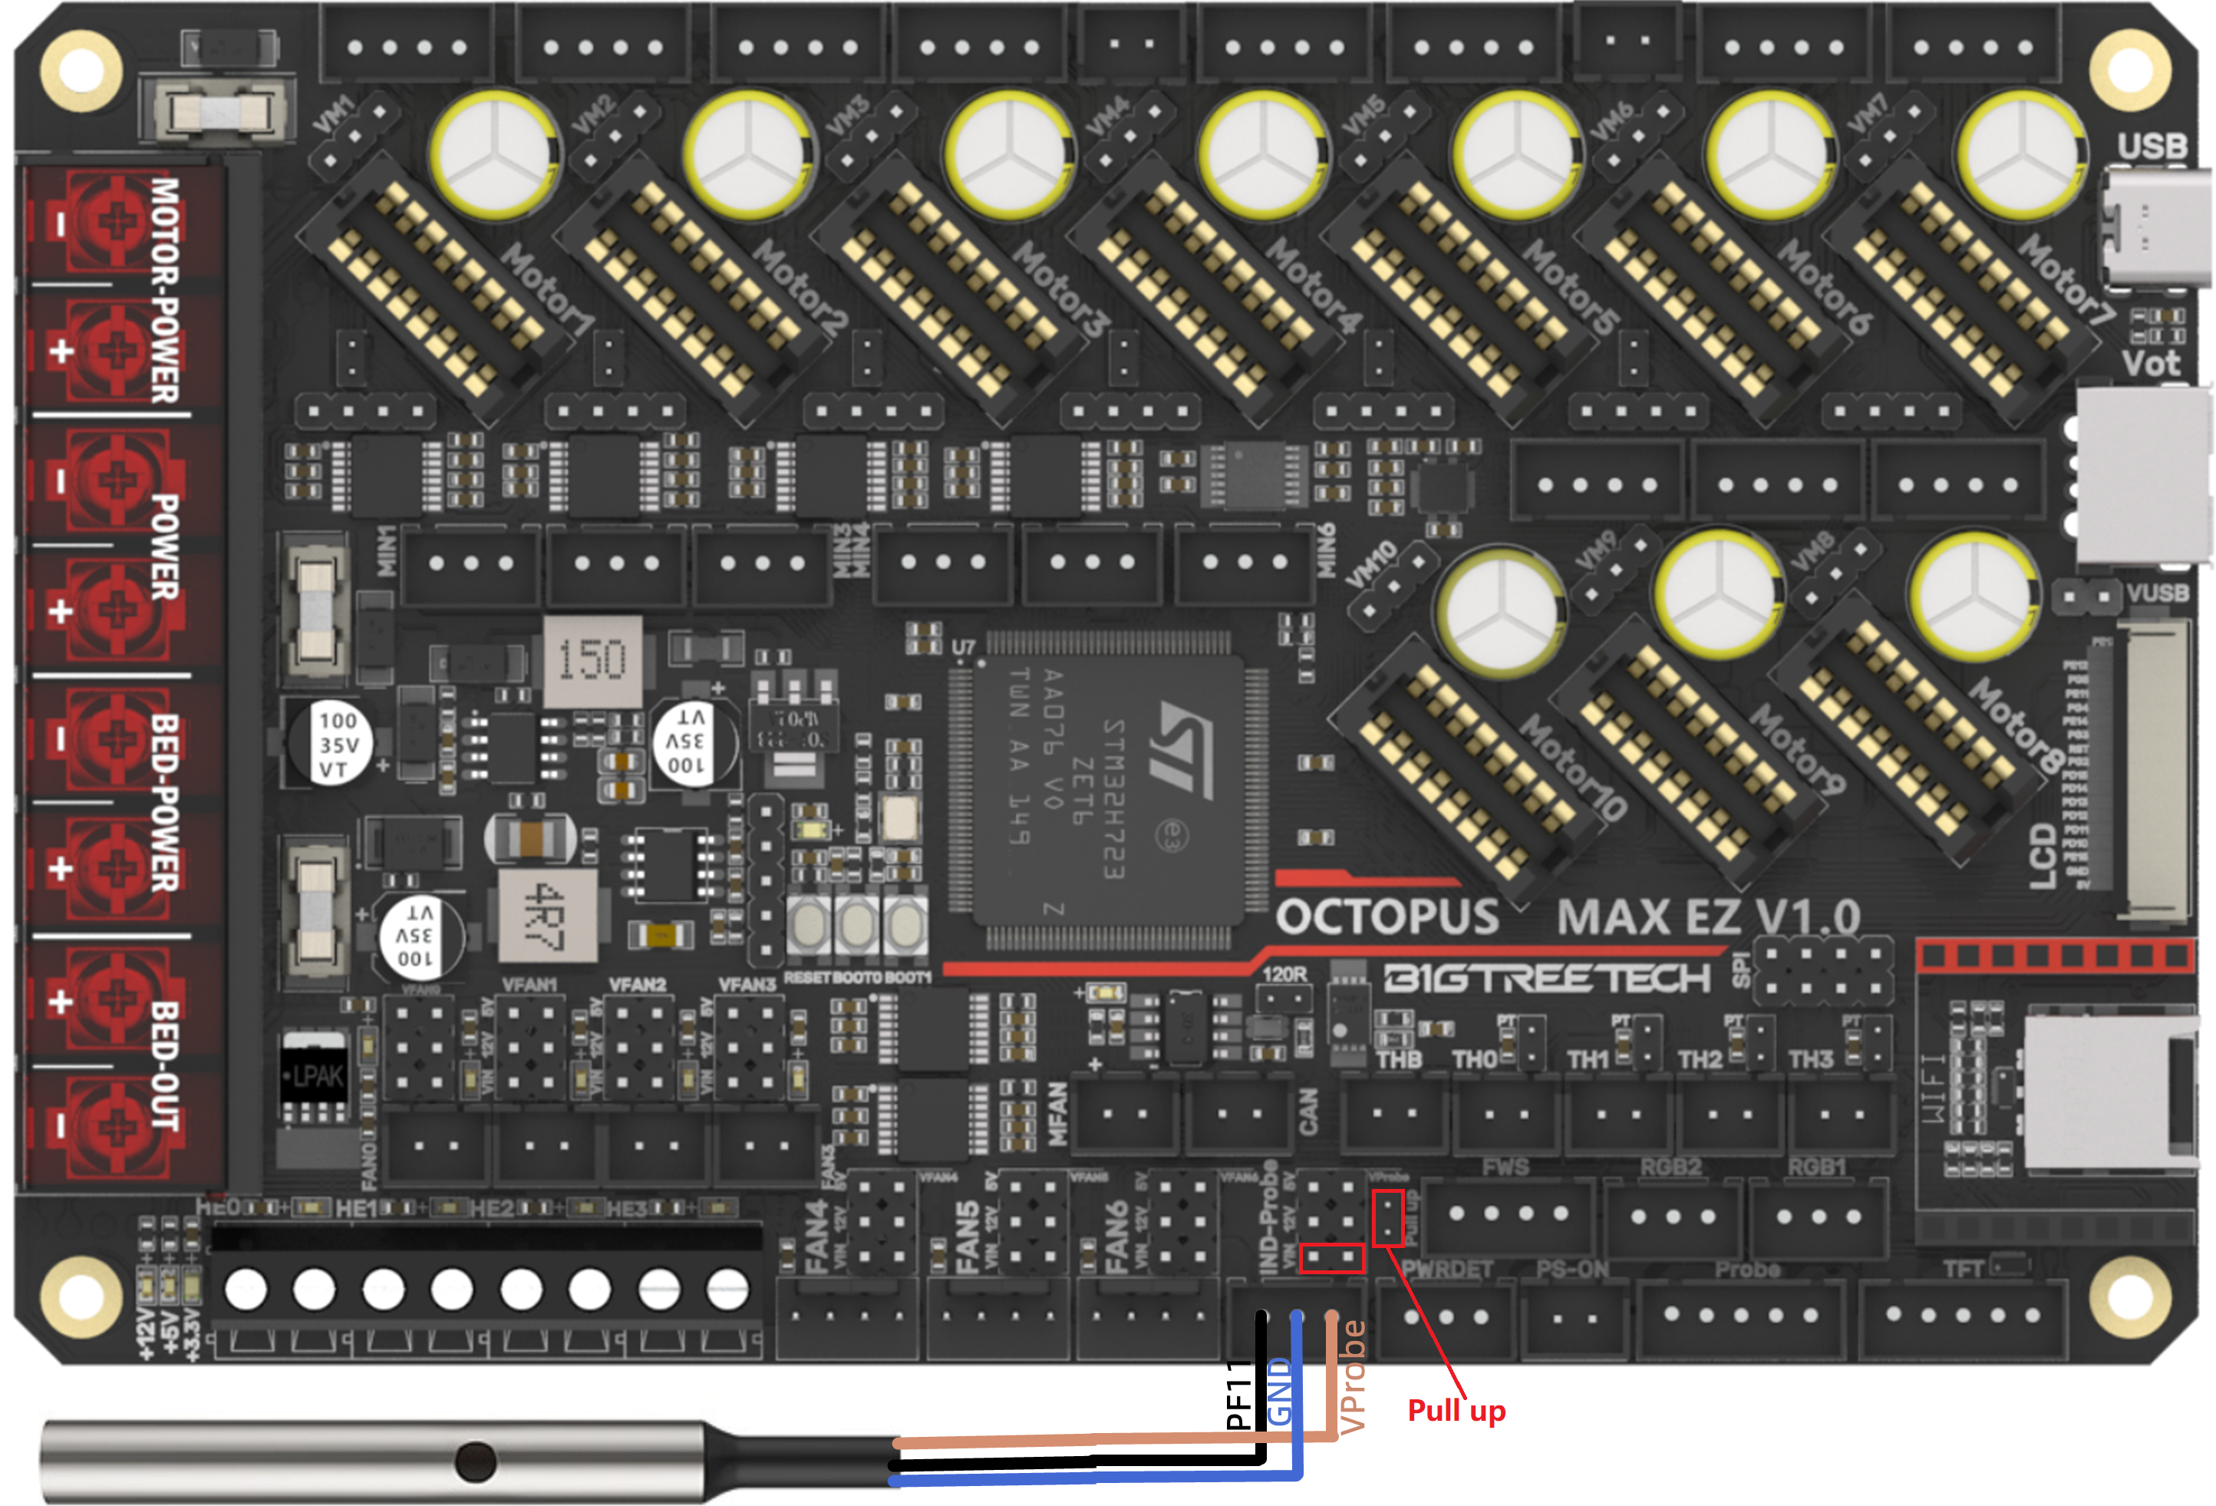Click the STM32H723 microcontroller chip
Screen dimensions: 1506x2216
pos(1109,789)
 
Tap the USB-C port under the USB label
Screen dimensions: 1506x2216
pos(2156,228)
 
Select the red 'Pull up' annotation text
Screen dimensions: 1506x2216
pos(1456,1410)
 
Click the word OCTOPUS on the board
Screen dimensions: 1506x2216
pos(1387,916)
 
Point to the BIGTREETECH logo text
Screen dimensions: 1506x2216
pos(1547,979)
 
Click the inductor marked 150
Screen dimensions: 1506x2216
pos(592,661)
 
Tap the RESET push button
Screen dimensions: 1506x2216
pos(809,923)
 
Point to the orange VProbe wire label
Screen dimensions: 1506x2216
pos(1352,1376)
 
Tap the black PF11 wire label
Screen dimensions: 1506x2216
pos(1238,1395)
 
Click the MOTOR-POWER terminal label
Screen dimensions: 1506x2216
pos(165,290)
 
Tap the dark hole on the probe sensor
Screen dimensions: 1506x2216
pos(476,1461)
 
